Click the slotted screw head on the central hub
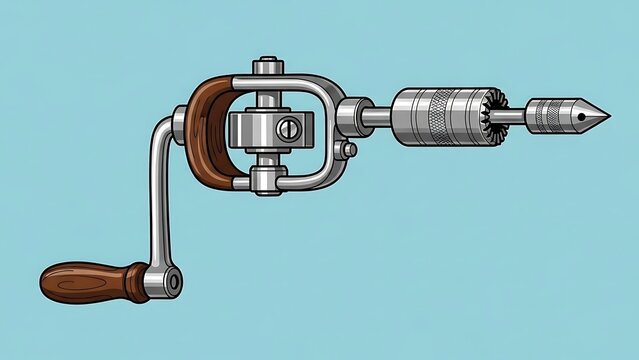289,127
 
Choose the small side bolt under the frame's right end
348,150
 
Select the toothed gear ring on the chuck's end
495,116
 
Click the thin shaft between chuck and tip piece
516,115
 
